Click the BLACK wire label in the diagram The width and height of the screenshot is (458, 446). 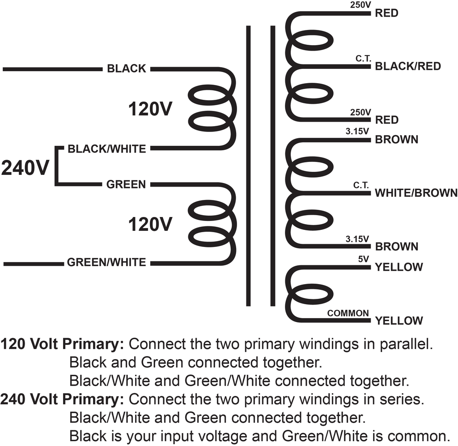(x=127, y=68)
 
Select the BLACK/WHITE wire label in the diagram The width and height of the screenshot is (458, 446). (x=106, y=149)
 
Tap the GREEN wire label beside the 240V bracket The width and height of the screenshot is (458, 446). (x=126, y=185)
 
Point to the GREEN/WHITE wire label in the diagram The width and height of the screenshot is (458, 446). (x=106, y=262)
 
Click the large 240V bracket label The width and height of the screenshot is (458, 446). (x=25, y=168)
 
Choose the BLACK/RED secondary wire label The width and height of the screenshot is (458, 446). (x=408, y=66)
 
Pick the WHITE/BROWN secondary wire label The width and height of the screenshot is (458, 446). (x=416, y=193)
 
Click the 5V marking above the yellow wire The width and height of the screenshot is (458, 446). (x=364, y=259)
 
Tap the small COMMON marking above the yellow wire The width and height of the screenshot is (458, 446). (x=348, y=313)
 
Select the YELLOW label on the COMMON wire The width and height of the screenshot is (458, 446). (x=399, y=321)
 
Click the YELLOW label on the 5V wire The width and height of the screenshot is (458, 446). (x=399, y=267)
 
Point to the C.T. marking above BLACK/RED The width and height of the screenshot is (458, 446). (x=363, y=59)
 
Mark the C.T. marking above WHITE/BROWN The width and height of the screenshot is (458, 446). (x=361, y=185)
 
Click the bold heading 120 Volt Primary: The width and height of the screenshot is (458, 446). (x=63, y=344)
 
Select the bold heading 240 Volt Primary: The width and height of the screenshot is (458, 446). (x=63, y=399)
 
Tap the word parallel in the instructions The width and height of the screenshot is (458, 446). (x=406, y=344)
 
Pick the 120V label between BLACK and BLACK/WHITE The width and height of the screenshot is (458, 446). (x=150, y=109)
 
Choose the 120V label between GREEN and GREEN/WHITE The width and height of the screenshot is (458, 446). (x=150, y=225)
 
